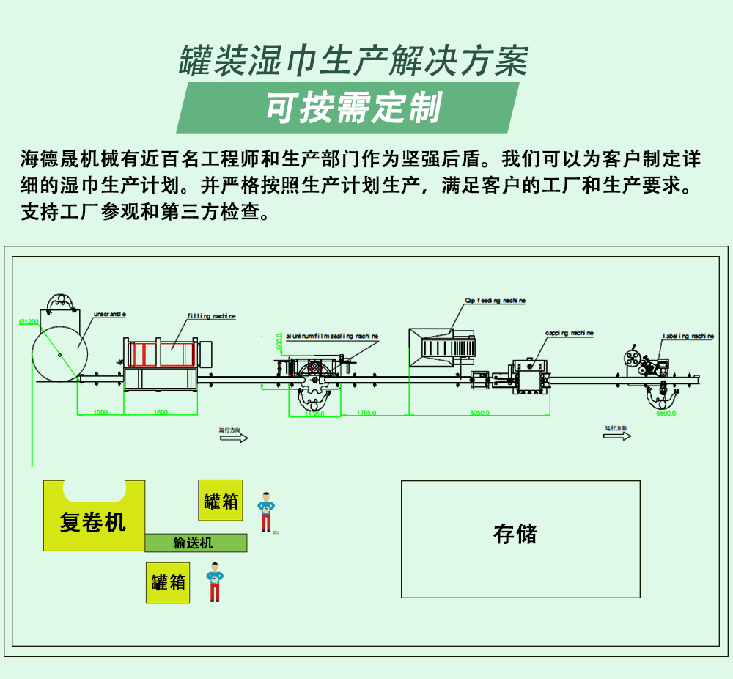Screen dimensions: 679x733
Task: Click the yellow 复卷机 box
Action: pos(93,522)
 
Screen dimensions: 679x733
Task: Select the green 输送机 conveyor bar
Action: pos(195,543)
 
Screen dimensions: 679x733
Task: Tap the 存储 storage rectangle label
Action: pos(515,534)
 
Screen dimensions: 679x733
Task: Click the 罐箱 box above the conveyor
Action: pos(221,502)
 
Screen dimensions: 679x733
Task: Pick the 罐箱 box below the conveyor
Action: pos(168,583)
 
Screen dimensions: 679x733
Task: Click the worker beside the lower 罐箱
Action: pos(214,581)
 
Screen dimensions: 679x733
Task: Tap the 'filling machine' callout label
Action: pos(211,316)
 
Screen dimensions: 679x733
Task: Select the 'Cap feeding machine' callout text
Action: pos(495,301)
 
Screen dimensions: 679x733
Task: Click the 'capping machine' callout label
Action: pos(569,334)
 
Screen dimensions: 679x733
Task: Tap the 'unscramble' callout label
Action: pos(110,314)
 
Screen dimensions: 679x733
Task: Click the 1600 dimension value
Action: pos(160,413)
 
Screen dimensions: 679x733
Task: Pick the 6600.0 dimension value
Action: pos(666,414)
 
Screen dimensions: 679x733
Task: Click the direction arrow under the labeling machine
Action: pos(617,436)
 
